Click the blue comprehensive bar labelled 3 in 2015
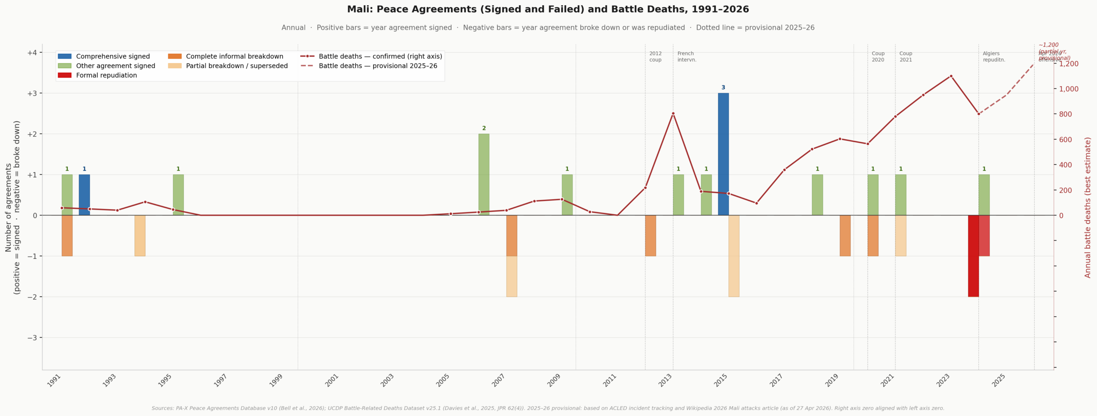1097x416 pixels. (723, 154)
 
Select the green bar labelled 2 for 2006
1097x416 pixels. (484, 174)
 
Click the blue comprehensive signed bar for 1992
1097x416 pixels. (84, 195)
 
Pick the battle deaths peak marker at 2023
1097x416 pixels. (951, 76)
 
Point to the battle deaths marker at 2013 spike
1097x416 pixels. (673, 114)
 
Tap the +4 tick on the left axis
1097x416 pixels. (32, 53)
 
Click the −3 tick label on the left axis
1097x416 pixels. (32, 338)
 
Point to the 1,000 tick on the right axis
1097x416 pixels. (1069, 89)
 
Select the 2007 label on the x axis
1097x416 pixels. (499, 380)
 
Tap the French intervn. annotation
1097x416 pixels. (686, 57)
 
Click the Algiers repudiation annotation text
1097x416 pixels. (994, 57)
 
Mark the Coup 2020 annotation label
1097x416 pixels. (878, 57)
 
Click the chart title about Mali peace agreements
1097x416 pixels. (548, 9)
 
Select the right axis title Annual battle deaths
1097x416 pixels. (1088, 207)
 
